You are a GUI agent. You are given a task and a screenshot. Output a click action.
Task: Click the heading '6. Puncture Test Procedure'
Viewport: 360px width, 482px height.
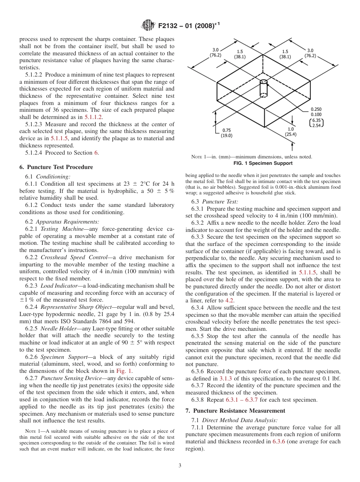pyautogui.click(x=56, y=167)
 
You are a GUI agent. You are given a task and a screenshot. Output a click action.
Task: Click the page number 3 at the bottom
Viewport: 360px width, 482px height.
pyautogui.click(x=180, y=466)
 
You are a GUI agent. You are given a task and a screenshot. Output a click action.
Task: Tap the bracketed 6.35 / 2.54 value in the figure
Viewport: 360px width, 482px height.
pyautogui.click(x=316, y=123)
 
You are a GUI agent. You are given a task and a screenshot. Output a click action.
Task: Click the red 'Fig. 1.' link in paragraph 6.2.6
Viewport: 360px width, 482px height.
pyautogui.click(x=125, y=371)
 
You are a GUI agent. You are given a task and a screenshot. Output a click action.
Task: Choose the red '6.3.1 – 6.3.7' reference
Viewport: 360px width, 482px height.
pyautogui.click(x=242, y=400)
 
